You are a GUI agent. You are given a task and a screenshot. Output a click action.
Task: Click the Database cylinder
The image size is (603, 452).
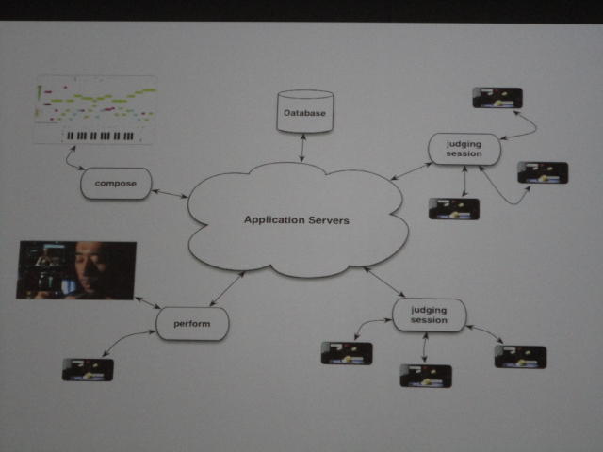pyautogui.click(x=304, y=112)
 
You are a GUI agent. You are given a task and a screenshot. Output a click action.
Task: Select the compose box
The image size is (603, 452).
pyautogui.click(x=116, y=183)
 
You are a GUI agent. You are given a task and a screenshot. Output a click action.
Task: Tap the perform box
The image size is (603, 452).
pyautogui.click(x=192, y=324)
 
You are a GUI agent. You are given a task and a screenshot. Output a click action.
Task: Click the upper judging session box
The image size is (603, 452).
pyautogui.click(x=464, y=150)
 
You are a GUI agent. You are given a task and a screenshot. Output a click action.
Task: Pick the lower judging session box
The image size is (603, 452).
pyautogui.click(x=429, y=315)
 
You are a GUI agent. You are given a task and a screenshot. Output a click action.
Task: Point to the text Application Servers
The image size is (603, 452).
pyautogui.click(x=297, y=220)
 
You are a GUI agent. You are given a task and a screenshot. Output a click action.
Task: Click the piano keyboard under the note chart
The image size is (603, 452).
pyautogui.click(x=102, y=136)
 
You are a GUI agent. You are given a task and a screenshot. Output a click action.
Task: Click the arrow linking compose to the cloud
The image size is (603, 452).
pyautogui.click(x=171, y=192)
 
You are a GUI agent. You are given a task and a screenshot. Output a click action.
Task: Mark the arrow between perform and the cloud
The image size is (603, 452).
pyautogui.click(x=227, y=289)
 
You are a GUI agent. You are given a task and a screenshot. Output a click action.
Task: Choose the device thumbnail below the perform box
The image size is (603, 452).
pyautogui.click(x=88, y=369)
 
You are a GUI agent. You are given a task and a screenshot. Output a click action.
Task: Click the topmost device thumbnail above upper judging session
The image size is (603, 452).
pyautogui.click(x=497, y=97)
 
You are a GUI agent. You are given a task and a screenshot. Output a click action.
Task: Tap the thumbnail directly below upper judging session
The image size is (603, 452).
pyautogui.click(x=453, y=208)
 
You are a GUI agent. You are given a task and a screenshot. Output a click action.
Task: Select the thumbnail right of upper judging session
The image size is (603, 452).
pyautogui.click(x=543, y=172)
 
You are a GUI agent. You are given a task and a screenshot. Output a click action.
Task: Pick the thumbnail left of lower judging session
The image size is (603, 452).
pyautogui.click(x=346, y=353)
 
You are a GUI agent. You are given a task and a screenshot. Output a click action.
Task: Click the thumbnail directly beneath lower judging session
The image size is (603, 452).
pyautogui.click(x=426, y=375)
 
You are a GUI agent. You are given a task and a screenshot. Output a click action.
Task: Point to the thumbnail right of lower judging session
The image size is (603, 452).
pyautogui.click(x=520, y=356)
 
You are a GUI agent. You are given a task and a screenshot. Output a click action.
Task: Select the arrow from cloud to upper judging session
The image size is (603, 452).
pyautogui.click(x=412, y=170)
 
